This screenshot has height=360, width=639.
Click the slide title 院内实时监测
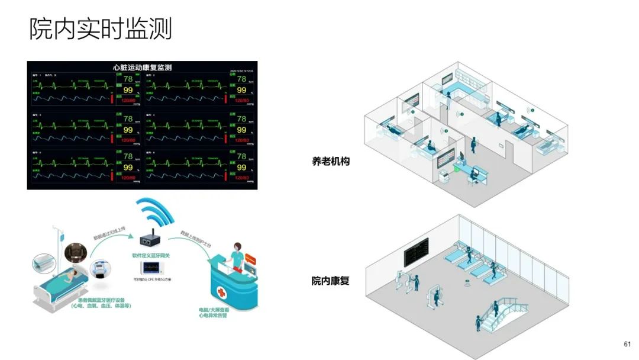pos(101,28)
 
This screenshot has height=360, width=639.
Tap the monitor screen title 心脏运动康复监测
pos(142,67)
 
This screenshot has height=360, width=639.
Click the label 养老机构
pos(331,160)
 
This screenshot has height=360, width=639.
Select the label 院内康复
pos(331,281)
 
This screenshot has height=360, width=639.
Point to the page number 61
pos(627,344)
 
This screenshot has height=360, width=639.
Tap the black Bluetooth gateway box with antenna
pos(148,240)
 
